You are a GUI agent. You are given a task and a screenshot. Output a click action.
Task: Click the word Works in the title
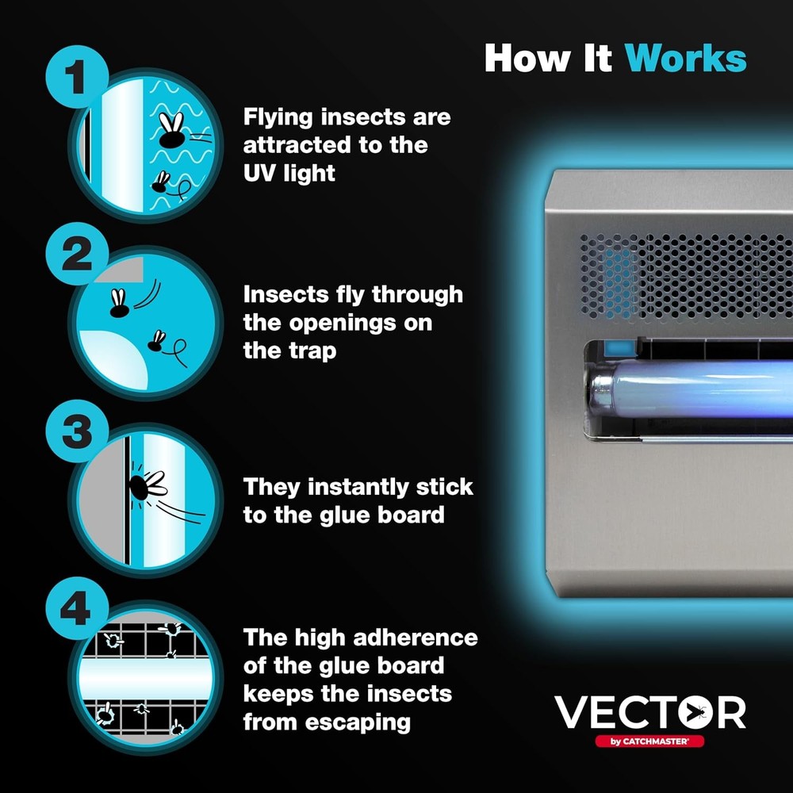tap(685, 58)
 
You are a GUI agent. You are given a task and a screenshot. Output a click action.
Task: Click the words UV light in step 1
tap(289, 173)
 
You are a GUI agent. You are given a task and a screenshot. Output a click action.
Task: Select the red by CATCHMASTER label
tap(649, 741)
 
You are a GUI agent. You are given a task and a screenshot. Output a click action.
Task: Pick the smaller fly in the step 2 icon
tap(157, 341)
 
